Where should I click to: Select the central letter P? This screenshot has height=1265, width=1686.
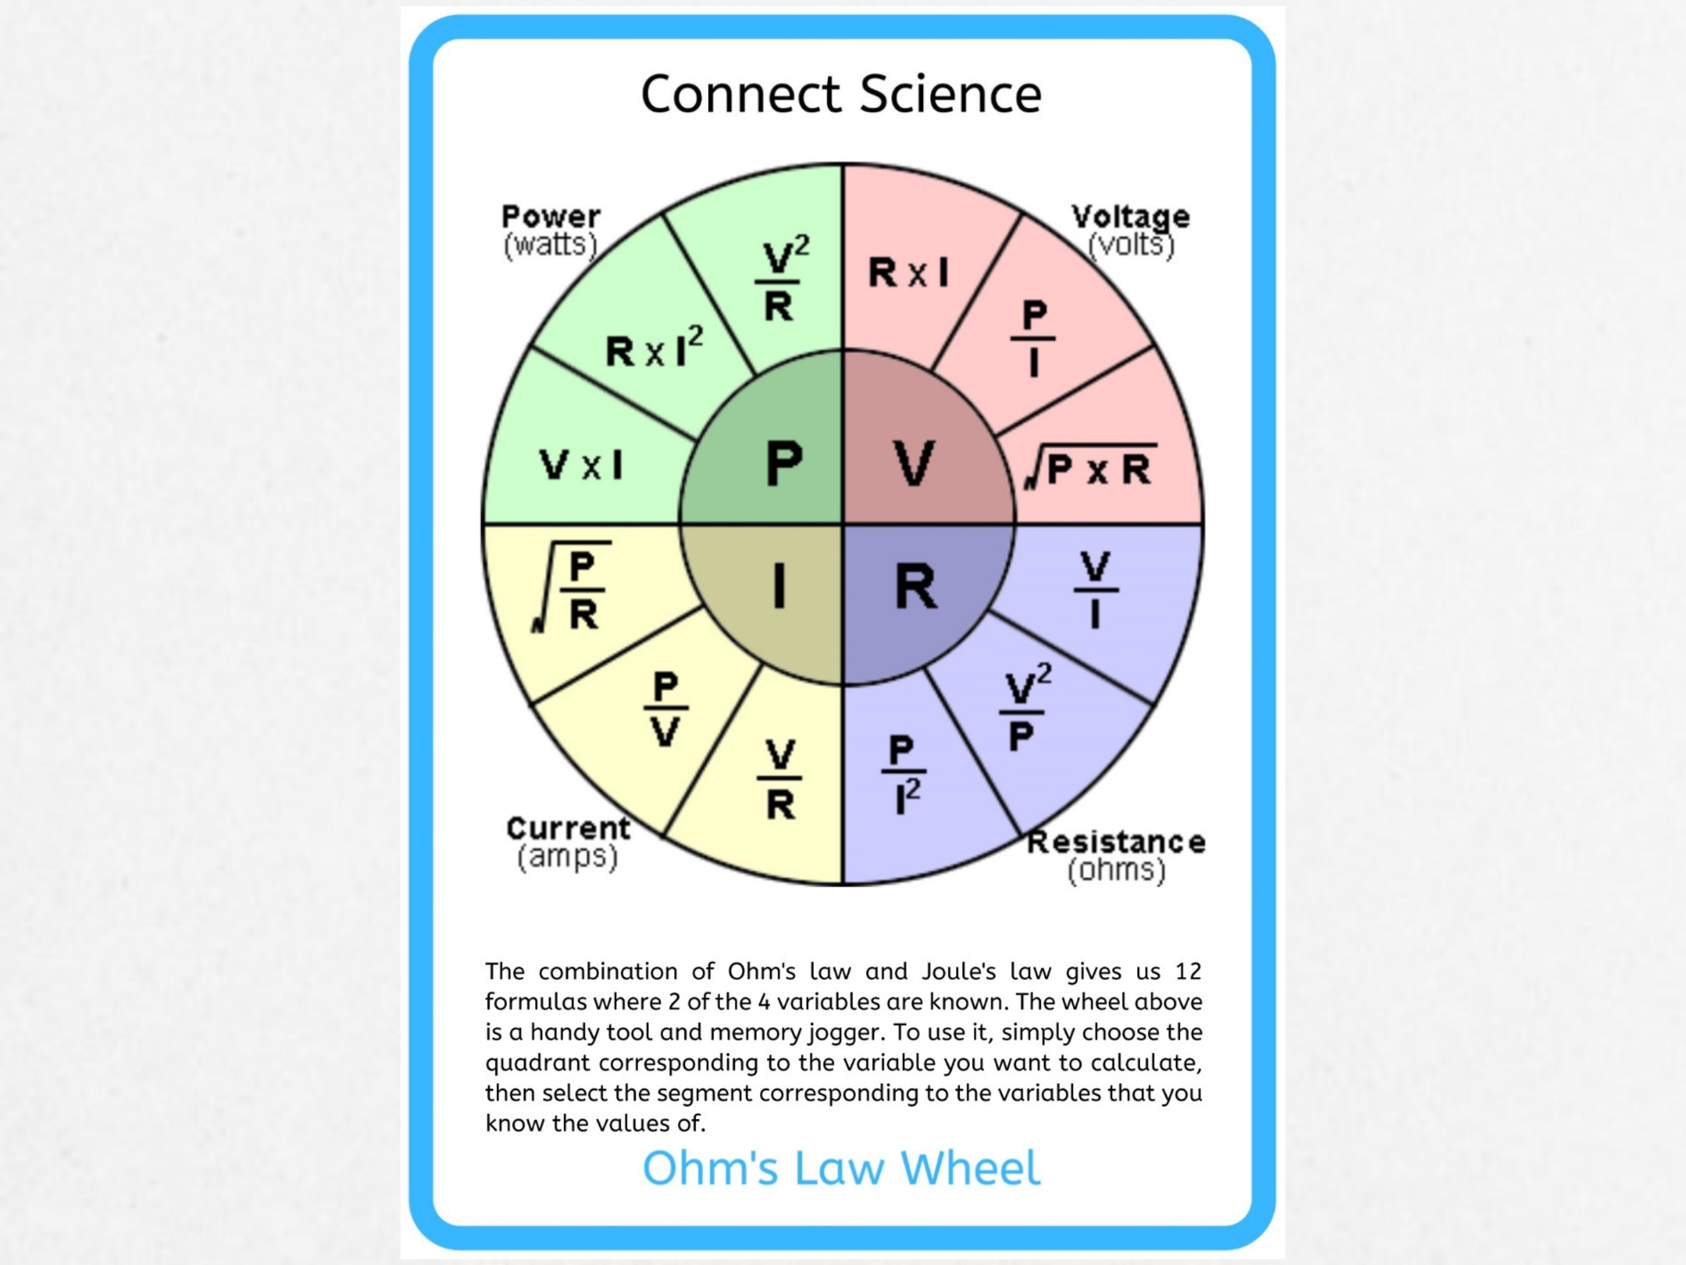coord(784,463)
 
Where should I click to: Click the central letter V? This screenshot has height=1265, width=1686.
coord(914,463)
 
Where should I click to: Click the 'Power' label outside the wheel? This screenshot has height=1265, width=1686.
coord(550,217)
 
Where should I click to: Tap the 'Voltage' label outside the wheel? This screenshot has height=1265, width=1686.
coord(1130,217)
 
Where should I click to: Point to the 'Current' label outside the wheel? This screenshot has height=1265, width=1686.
coord(568,829)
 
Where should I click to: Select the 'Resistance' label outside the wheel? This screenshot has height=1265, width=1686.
coord(1116,843)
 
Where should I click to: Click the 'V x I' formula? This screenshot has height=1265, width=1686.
coord(581,464)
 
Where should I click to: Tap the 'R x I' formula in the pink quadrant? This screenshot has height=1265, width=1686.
coord(909,272)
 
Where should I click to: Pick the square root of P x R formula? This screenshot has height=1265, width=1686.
coord(1092,467)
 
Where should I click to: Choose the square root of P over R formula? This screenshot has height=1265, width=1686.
coord(573,588)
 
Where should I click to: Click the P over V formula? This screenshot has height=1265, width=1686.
coord(666,709)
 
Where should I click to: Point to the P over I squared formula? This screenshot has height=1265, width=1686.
coord(903,774)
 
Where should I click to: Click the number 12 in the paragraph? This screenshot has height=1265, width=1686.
coord(1188,971)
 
